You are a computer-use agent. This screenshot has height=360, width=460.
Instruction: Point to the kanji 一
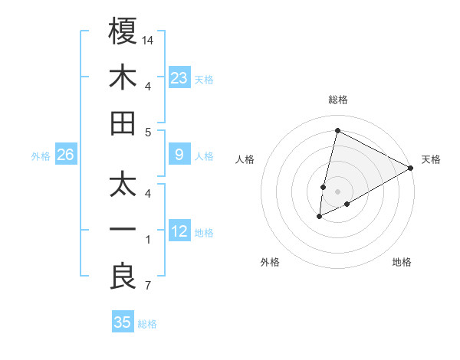(x=123, y=231)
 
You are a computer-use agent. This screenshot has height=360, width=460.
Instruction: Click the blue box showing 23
(x=179, y=78)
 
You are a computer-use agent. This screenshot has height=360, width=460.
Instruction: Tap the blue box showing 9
(x=179, y=155)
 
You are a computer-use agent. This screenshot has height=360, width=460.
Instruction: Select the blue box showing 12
(x=179, y=232)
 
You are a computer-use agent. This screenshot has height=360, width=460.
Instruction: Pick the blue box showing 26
(x=66, y=155)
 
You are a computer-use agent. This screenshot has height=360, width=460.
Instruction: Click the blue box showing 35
(x=123, y=322)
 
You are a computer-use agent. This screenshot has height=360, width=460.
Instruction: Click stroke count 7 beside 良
(x=148, y=287)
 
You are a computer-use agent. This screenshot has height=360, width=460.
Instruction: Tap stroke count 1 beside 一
(x=148, y=241)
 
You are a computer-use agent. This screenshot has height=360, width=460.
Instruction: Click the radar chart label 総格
(x=338, y=100)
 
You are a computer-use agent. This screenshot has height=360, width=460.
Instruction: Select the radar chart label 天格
(x=431, y=159)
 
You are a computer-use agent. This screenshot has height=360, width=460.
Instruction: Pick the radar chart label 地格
(x=402, y=262)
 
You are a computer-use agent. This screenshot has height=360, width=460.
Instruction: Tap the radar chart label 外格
(x=270, y=262)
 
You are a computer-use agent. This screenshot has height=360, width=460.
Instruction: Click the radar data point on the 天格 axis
(x=412, y=168)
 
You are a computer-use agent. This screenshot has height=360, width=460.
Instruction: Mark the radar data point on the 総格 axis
(x=337, y=130)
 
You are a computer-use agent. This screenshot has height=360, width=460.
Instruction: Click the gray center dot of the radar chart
(x=338, y=191)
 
